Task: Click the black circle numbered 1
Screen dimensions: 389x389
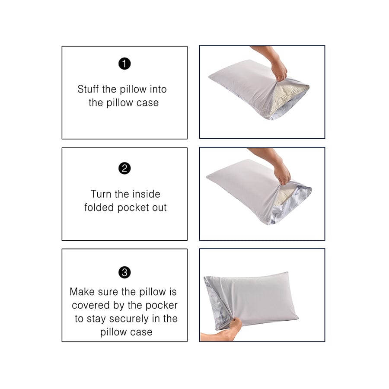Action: coord(124,64)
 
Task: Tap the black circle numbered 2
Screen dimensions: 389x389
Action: coord(124,168)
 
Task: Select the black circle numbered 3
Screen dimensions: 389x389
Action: coord(124,272)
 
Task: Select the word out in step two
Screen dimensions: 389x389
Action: coord(158,207)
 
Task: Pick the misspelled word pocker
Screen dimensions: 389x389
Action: coord(161,305)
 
